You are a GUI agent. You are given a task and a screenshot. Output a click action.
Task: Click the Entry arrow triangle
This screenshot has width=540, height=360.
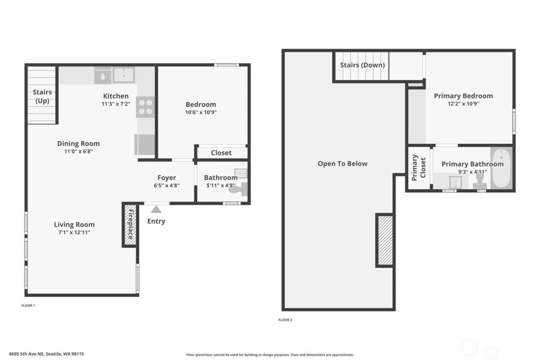coord(156,210)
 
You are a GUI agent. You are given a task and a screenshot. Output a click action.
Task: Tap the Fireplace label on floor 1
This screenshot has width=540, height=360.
coord(130,224)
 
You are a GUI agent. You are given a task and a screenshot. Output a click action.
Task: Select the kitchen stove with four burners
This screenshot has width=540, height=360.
coord(145,107)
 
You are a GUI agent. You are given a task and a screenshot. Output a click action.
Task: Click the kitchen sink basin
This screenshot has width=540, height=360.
coord(123,75)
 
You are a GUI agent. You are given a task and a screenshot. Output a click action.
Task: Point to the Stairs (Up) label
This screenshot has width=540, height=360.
coord(42,96)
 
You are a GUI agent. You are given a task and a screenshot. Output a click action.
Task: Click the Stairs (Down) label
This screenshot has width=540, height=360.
coord(362,65)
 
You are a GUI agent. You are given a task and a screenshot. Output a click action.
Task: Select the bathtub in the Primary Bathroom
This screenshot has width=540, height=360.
coord(501,168)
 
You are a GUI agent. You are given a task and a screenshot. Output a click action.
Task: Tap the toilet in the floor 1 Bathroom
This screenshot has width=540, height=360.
coord(243,189)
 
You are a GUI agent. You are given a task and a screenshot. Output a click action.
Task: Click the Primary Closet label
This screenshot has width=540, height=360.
coord(418,168)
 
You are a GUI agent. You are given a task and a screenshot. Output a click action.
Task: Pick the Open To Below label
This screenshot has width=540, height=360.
coord(343,164)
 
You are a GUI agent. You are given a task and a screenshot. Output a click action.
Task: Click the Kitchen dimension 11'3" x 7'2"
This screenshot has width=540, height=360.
coord(116,104)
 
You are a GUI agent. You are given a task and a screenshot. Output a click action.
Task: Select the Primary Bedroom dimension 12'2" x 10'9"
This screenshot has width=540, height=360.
coord(463,103)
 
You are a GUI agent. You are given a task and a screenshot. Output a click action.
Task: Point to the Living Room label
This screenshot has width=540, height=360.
coord(74,225)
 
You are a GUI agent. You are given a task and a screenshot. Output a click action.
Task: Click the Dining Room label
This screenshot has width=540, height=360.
coord(78,144)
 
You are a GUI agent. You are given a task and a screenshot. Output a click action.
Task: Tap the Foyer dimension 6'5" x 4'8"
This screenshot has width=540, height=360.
coord(167,186)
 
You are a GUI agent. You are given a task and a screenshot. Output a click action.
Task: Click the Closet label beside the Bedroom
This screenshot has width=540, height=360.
coord(221,153)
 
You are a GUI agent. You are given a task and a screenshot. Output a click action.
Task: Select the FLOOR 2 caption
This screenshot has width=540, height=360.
coord(285,320)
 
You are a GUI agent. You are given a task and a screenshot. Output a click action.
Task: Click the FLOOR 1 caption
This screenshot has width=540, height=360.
coord(28,306)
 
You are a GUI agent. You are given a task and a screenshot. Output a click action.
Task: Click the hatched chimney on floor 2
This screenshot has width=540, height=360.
coord(385,240)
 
